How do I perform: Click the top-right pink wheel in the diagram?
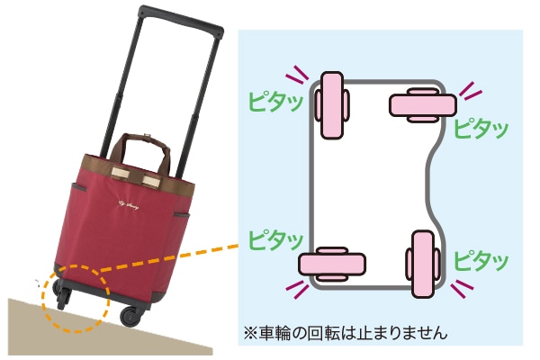tap(420, 105)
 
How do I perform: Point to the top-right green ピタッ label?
tap(481, 126)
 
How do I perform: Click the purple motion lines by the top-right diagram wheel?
tap(468, 88)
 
